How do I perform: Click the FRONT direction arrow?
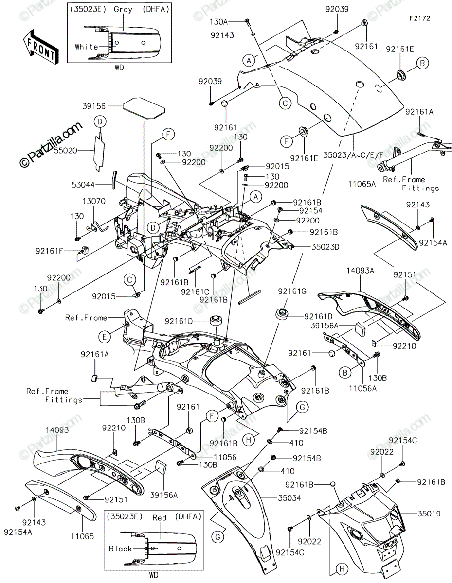click(x=41, y=47)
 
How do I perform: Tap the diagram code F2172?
click(x=420, y=18)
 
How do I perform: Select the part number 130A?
click(x=218, y=22)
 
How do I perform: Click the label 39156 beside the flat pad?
click(x=94, y=106)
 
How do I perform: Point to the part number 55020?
click(x=66, y=151)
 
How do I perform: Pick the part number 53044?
click(x=83, y=185)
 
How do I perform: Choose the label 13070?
click(x=94, y=201)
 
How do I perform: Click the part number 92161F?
click(x=49, y=251)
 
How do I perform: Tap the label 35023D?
click(x=325, y=247)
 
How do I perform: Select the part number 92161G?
click(x=292, y=291)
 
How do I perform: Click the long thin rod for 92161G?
click(x=250, y=297)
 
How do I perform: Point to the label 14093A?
click(x=360, y=271)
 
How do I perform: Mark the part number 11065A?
click(x=362, y=184)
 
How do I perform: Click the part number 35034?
click(x=289, y=498)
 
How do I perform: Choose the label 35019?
click(x=429, y=514)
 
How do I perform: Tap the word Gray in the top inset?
click(x=123, y=10)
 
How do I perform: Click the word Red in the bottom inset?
click(x=159, y=518)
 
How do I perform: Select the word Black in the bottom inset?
click(x=120, y=549)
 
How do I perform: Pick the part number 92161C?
click(x=195, y=291)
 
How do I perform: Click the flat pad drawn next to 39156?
click(x=144, y=108)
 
